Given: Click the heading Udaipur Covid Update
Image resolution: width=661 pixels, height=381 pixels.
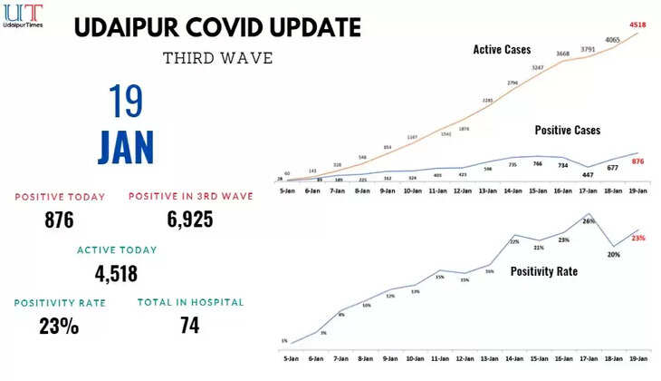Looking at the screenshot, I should coord(217,26).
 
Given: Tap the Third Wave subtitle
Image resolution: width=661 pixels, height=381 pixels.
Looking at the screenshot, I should coord(217,58).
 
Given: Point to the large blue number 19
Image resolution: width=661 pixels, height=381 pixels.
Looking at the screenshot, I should coord(126,102).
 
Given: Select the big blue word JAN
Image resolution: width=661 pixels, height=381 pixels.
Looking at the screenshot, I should coord(126,146).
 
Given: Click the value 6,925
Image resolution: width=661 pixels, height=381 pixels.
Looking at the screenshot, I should coord(189,220).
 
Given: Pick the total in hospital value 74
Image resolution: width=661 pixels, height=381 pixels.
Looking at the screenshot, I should coord(189,325).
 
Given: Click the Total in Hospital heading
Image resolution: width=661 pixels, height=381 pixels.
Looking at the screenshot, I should coord(190,302).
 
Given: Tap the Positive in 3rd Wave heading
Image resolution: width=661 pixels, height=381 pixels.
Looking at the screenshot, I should coord(190,197).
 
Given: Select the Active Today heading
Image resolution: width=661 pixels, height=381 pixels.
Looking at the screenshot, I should coord(117,249).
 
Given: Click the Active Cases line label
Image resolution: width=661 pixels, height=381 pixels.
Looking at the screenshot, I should coord(502,49).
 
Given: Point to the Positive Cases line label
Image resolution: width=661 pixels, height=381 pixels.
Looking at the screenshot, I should coord(568,131).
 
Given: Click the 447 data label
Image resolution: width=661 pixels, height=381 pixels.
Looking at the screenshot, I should coord(588,175).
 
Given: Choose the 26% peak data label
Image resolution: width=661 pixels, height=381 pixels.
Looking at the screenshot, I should coord(589,220).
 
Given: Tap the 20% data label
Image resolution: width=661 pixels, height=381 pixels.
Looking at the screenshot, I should coord(614,255).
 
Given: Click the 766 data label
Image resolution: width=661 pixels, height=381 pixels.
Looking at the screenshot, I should coord(538,164).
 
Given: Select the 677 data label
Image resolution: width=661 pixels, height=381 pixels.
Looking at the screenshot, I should coord(613,168).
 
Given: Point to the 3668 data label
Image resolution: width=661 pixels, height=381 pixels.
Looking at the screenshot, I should coord(563,54).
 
